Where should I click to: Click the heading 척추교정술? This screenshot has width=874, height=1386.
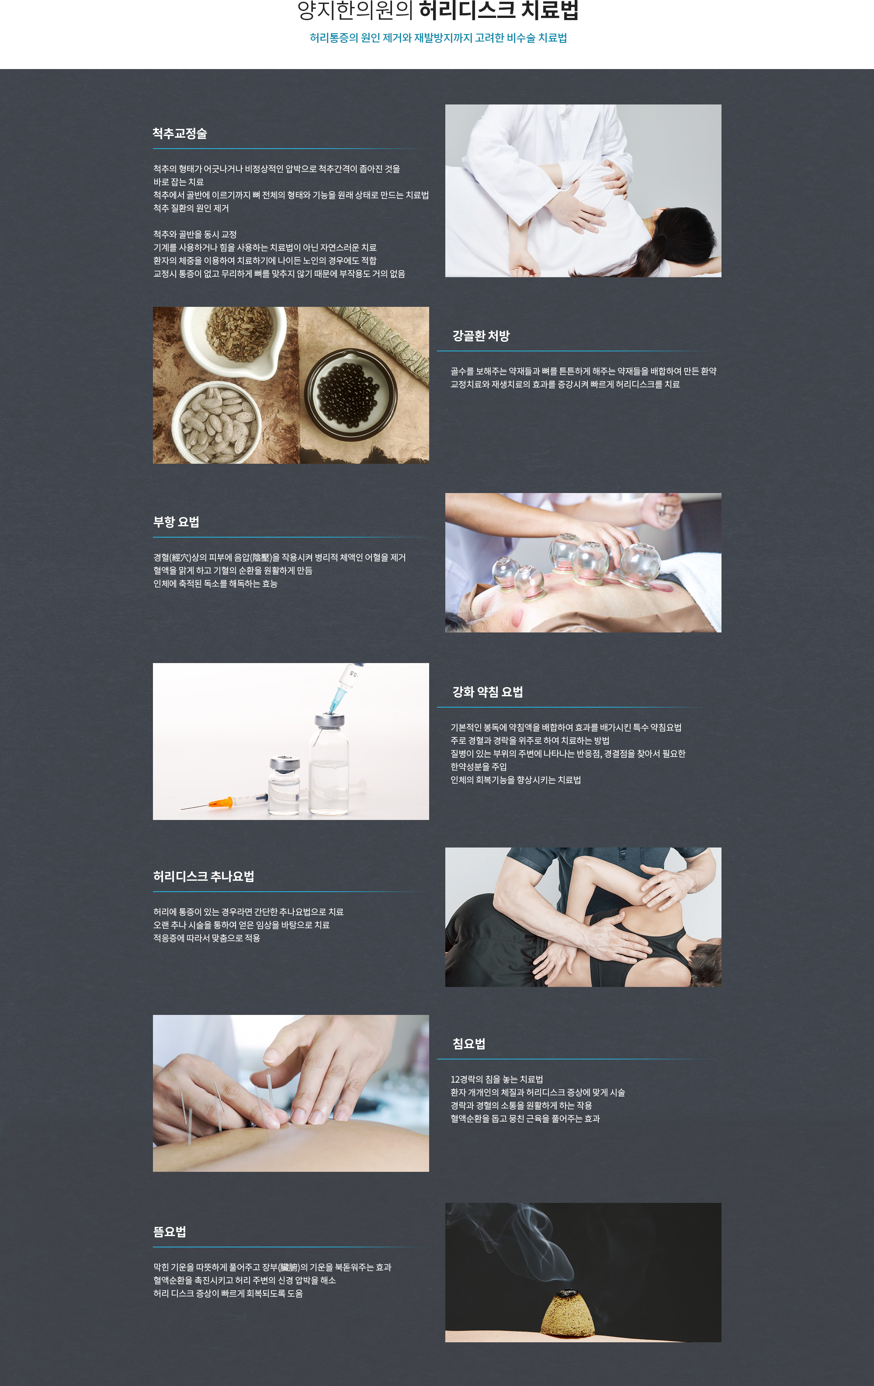(180, 134)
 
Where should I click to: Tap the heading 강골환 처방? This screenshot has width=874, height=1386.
(481, 336)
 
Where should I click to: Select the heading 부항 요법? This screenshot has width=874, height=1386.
(176, 522)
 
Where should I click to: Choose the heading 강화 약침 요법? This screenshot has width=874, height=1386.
(487, 692)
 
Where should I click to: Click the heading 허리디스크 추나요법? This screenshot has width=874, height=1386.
(204, 876)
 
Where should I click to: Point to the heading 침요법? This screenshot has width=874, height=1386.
(469, 1043)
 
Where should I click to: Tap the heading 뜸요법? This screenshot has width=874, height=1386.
(170, 1232)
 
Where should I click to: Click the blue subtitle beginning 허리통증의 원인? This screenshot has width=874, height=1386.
(438, 38)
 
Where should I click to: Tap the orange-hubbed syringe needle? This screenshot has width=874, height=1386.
(224, 802)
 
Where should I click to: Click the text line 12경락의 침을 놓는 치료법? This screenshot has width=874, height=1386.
(496, 1079)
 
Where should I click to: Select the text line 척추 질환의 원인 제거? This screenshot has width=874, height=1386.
(191, 208)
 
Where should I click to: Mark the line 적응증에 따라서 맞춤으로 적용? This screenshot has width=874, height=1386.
(207, 938)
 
